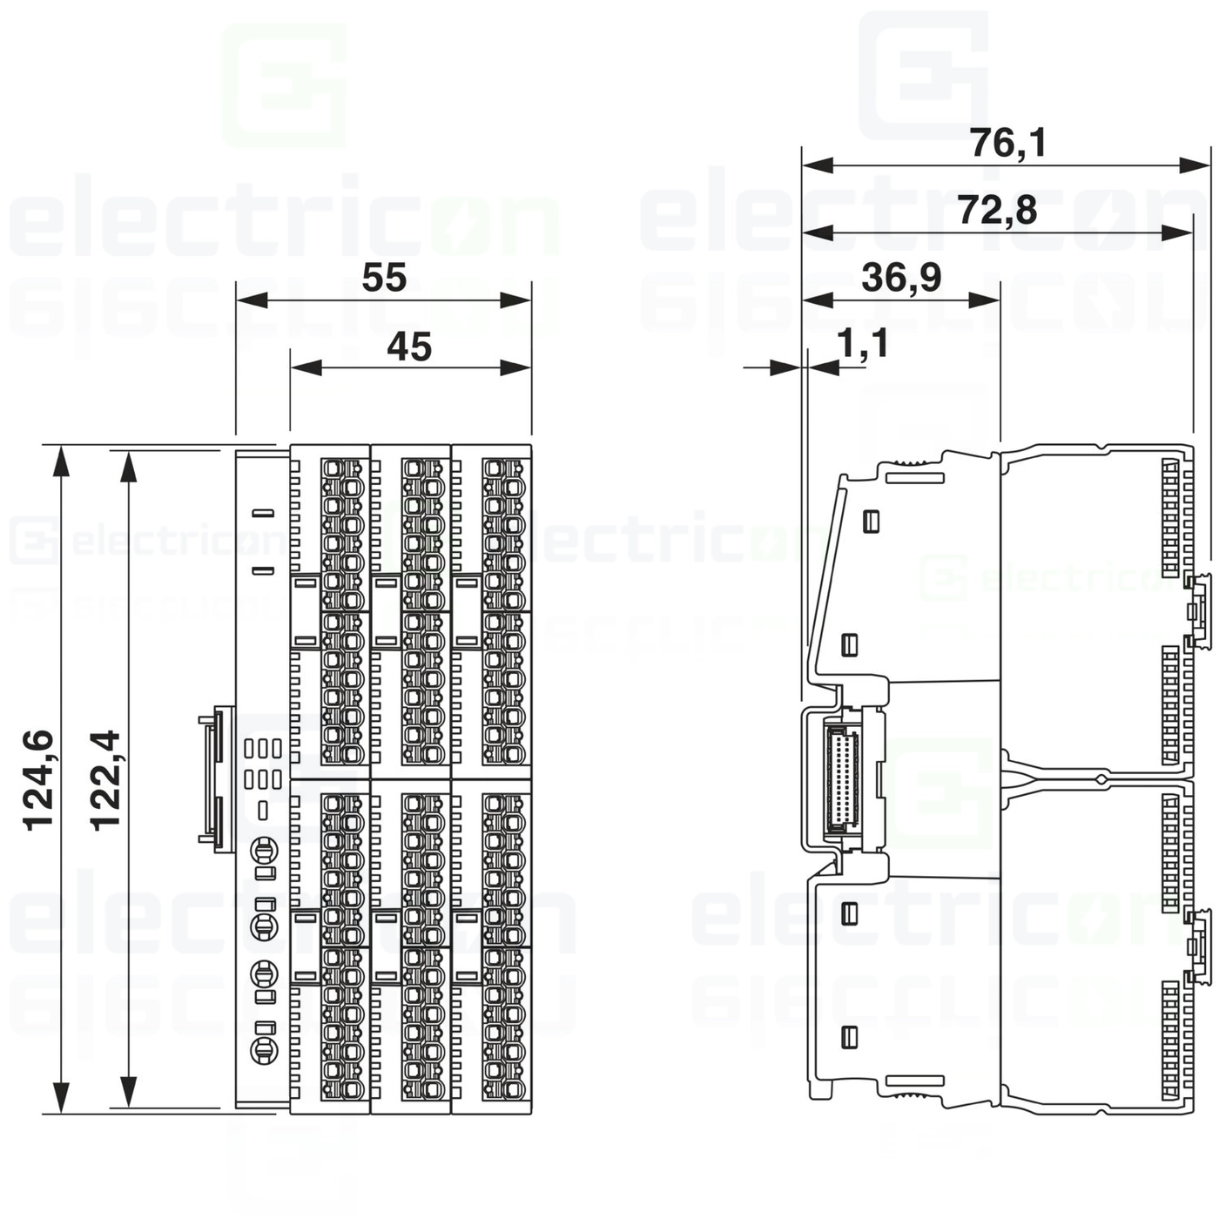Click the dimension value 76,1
[1008, 143]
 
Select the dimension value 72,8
[997, 211]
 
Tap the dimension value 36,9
[901, 278]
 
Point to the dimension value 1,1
[863, 344]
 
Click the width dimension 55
[384, 278]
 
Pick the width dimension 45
[409, 347]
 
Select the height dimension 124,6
[39, 780]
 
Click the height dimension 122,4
[106, 780]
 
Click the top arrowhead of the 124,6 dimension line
[61, 461]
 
